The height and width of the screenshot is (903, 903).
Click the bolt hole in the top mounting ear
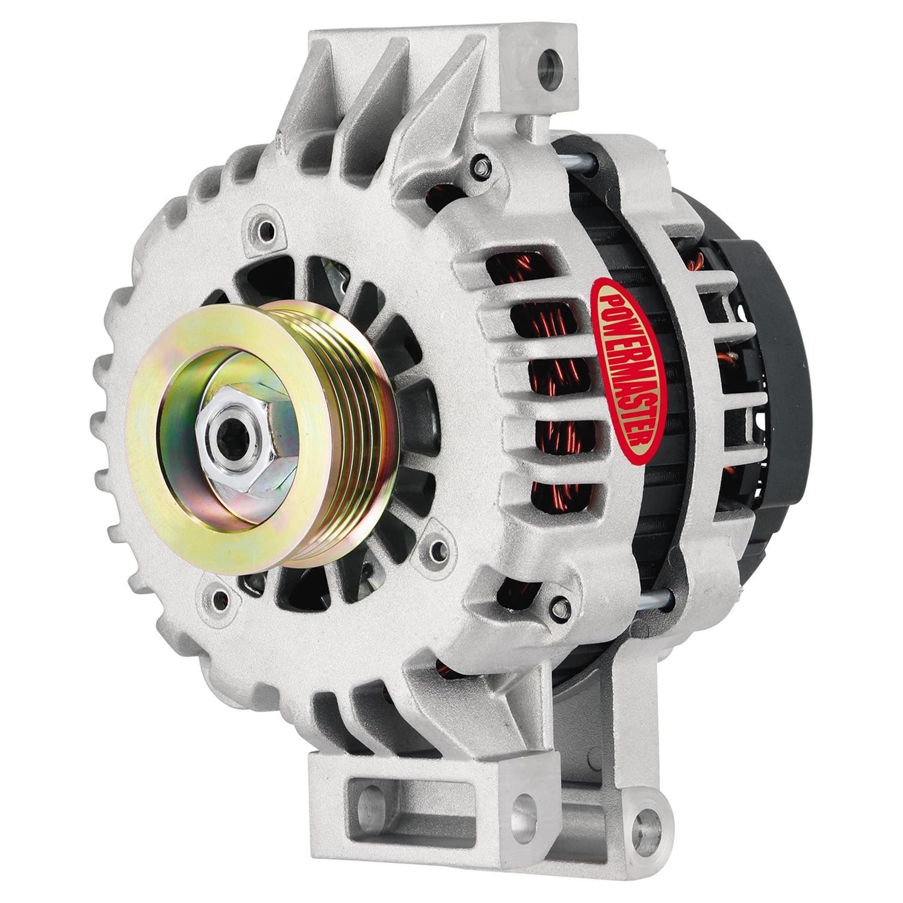coord(548,62)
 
